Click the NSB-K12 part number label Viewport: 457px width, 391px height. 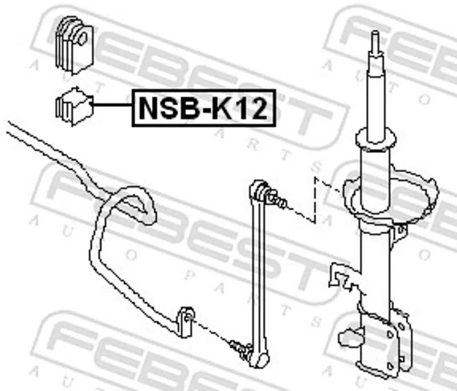[204, 108]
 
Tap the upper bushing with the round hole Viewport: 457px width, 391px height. [74, 45]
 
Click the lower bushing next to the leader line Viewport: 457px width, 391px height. [74, 106]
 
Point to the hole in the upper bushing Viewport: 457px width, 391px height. [82, 38]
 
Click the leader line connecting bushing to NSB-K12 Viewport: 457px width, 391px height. [112, 104]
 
